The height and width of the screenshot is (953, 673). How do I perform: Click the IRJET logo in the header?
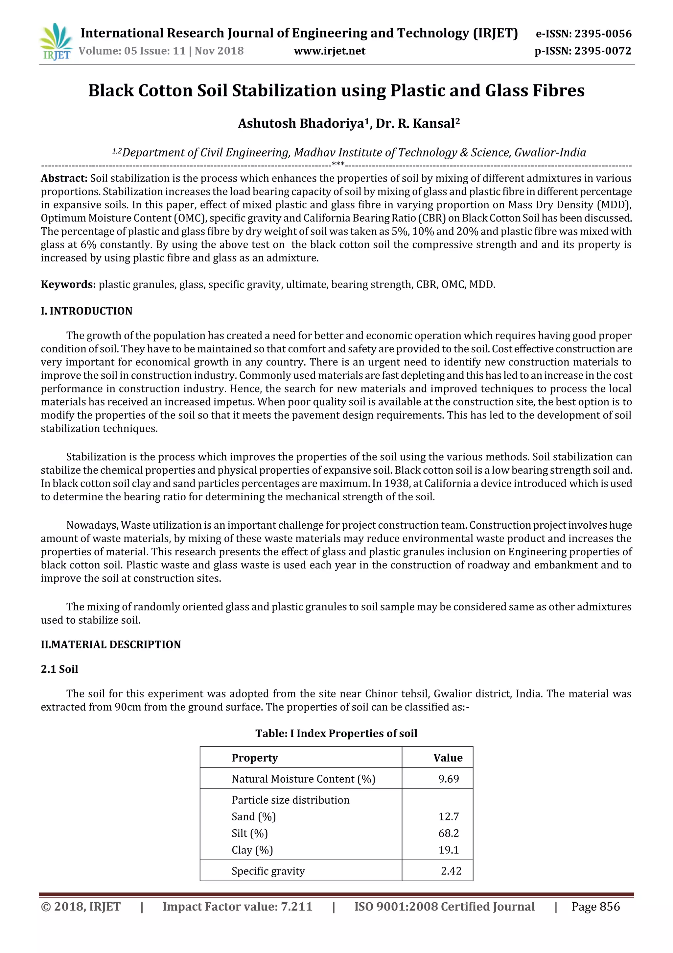tap(55, 42)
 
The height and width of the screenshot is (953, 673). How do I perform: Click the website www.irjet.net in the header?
tap(330, 51)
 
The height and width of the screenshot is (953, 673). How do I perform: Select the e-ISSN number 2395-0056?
tap(603, 34)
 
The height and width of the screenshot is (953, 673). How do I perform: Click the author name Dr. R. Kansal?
tap(418, 124)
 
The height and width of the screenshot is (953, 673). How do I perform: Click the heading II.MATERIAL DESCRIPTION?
tap(111, 645)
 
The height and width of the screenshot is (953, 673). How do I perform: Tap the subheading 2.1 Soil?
tap(59, 669)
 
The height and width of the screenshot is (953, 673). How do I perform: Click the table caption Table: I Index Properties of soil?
tap(336, 734)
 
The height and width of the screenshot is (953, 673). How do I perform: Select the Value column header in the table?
tap(448, 758)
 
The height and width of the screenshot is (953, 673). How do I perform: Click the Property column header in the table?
tap(255, 758)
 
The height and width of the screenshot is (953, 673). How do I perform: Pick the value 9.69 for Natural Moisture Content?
tap(449, 779)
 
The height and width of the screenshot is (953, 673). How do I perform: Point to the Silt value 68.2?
tap(449, 834)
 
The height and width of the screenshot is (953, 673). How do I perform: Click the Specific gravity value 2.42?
tap(451, 871)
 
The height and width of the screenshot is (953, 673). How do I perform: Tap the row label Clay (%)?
tap(252, 850)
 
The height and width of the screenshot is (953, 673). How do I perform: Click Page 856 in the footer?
tap(595, 907)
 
